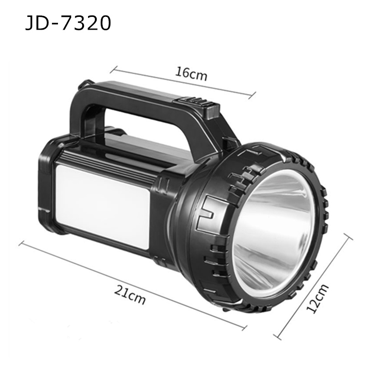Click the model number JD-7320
point(68,22)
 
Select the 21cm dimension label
point(130,297)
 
